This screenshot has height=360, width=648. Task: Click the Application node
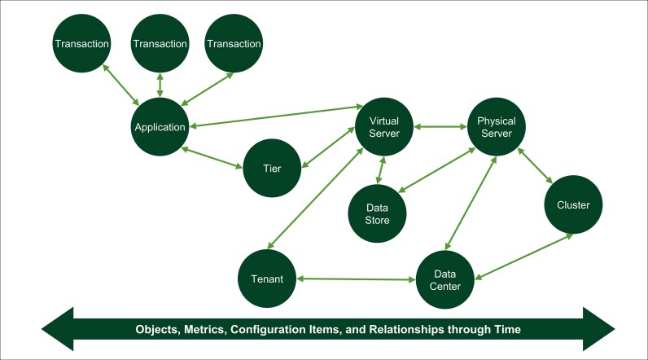160,127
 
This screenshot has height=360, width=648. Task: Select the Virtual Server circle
384,127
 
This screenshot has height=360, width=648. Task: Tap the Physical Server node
497,127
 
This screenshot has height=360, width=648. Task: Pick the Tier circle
273,168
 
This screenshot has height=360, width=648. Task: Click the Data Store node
377,213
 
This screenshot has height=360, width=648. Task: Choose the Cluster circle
574,205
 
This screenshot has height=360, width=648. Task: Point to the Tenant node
267,279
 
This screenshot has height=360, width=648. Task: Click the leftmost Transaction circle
81,43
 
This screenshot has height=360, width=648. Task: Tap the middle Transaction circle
160,43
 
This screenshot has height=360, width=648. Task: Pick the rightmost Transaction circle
234,43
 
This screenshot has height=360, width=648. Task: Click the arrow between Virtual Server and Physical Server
440,127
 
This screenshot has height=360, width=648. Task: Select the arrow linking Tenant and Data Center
357,279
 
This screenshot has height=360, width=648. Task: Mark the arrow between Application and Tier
213,158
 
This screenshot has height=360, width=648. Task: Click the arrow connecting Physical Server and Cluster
536,165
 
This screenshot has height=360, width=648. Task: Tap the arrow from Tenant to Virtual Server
316,195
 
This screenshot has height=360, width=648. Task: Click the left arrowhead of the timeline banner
57,330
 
